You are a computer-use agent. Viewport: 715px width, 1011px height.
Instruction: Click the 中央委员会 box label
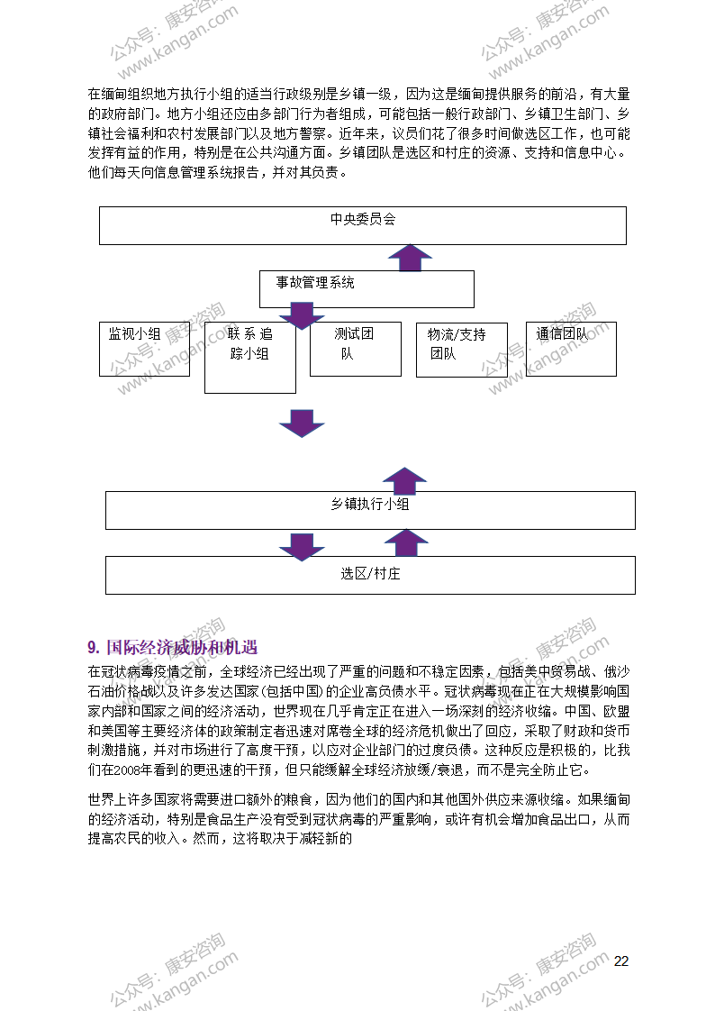coord(363,219)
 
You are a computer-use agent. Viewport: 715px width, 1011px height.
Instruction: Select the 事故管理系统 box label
coord(315,282)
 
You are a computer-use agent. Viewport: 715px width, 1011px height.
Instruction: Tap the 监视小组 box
coord(144,349)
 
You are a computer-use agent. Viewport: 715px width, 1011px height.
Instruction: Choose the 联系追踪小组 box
coord(250,358)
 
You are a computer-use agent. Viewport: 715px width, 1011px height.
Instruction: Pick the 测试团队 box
coord(356,349)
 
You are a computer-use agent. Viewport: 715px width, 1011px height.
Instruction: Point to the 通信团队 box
coord(571,349)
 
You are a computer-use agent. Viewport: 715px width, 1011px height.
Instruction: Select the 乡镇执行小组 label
coord(370,505)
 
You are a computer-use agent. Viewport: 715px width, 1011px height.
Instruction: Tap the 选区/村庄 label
coord(370,573)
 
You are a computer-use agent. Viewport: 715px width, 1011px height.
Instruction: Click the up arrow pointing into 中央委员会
coord(410,258)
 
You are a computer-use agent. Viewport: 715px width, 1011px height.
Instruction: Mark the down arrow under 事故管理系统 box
coord(302,315)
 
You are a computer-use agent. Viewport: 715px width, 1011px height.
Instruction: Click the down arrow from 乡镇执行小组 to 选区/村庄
coord(302,547)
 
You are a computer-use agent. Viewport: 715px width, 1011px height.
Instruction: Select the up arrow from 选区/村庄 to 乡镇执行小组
coord(406,543)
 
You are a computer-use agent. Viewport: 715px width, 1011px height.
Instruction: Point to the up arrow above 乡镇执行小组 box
coord(404,480)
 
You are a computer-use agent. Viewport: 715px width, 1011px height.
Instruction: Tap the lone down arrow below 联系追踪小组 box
coord(302,423)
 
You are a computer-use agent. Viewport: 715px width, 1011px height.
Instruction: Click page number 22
coord(621,961)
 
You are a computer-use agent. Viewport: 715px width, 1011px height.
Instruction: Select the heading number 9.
coord(94,647)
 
